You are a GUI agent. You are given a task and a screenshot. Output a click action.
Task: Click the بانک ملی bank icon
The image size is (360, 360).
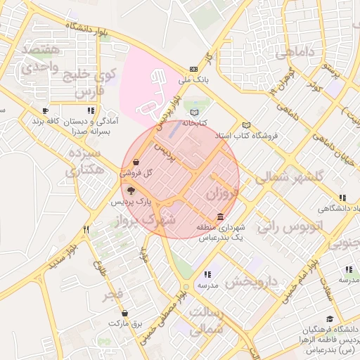[x=193, y=69]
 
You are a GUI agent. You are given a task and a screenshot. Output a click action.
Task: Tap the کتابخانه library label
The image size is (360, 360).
[x=195, y=123]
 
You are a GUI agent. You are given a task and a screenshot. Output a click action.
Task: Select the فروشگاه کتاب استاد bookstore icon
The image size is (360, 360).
[x=246, y=124]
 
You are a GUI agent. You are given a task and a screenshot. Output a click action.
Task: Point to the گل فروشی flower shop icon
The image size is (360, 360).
[x=135, y=162]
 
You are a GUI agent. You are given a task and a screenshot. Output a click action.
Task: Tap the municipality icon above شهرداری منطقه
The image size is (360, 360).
[x=221, y=216]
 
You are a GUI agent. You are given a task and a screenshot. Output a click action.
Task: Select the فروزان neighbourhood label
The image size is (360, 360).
[x=224, y=192]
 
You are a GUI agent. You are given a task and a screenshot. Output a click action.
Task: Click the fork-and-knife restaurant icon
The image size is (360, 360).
[x=86, y=229]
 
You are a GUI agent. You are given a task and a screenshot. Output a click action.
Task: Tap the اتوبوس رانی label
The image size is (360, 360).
[x=289, y=226]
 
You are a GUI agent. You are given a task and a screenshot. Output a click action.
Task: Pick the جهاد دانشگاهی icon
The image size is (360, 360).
[x=342, y=198]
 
